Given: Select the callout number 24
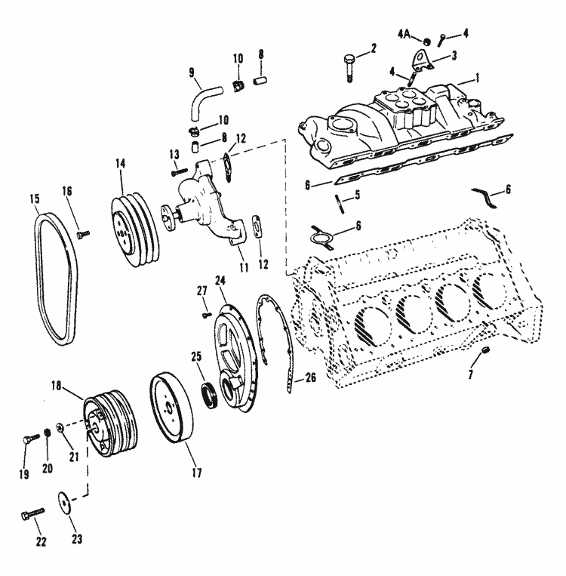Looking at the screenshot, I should [x=221, y=280].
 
